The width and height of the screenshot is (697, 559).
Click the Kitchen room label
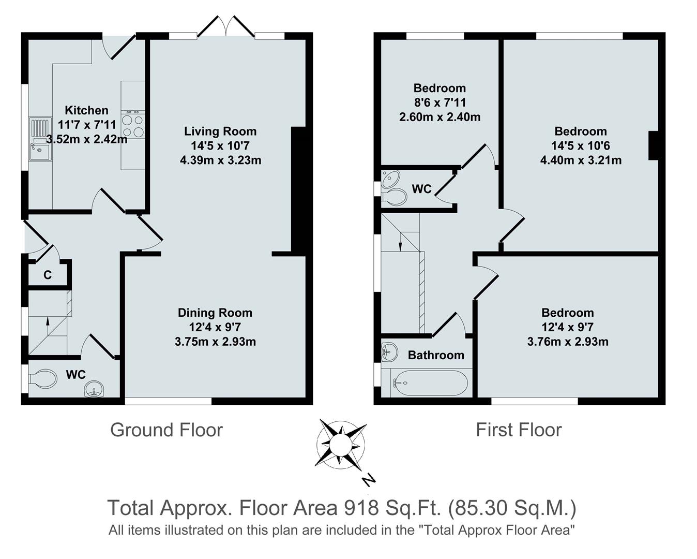click(x=86, y=110)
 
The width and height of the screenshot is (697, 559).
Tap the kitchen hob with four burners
click(x=132, y=126)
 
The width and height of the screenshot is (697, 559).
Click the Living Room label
click(x=220, y=131)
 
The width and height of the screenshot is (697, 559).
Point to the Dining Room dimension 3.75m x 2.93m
click(x=215, y=342)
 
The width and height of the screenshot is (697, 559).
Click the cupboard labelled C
click(x=48, y=275)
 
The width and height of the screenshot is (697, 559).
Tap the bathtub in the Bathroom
click(x=429, y=383)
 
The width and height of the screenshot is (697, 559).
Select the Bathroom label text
click(x=436, y=355)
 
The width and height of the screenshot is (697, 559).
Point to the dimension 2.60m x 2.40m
click(x=440, y=117)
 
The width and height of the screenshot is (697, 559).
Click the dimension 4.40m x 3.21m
click(x=581, y=160)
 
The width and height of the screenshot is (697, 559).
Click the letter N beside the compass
click(x=368, y=480)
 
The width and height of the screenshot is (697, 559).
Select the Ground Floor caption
click(x=166, y=430)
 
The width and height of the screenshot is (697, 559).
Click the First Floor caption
click(x=519, y=430)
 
